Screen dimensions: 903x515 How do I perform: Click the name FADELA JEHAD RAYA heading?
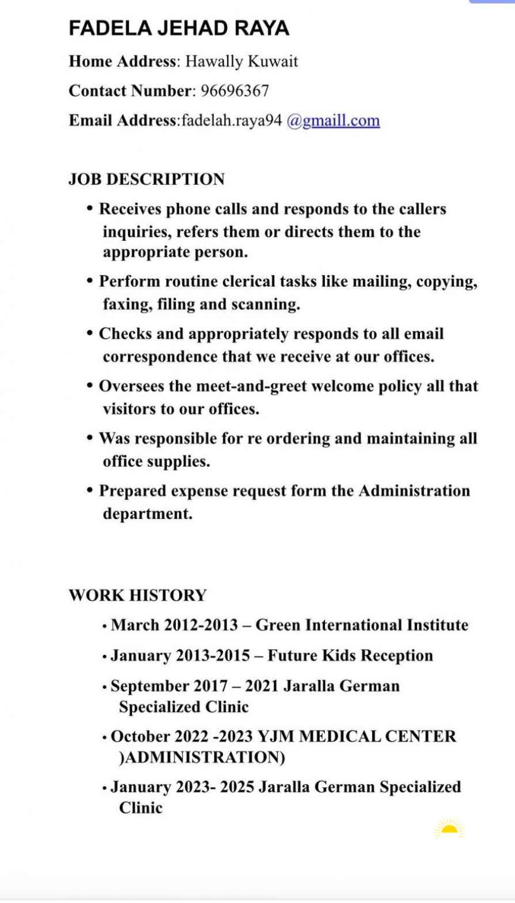pos(179,28)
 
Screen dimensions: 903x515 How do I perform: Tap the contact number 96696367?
pos(234,91)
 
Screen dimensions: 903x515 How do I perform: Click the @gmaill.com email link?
pos(333,121)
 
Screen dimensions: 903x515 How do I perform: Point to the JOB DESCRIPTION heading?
pos(146,179)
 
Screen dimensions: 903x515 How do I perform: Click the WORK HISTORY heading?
pos(137,595)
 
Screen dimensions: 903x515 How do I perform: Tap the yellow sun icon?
pos(449,829)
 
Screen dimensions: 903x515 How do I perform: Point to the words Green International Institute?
pos(362,625)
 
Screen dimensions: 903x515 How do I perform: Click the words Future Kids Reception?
pos(350,655)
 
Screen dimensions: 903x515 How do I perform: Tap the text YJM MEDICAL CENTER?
pos(357,736)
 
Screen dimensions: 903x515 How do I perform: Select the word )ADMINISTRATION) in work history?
pos(202,757)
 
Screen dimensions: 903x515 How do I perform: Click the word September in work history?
pos(148,686)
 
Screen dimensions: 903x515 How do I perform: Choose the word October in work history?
pos(138,736)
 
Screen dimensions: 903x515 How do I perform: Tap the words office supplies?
pos(156,461)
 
